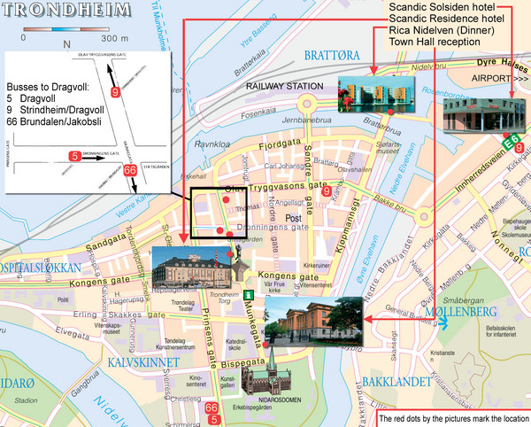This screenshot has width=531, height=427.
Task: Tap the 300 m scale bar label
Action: (114, 40)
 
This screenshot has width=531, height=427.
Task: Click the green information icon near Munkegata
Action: (250, 294)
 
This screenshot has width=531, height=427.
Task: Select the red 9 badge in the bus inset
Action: (115, 92)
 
